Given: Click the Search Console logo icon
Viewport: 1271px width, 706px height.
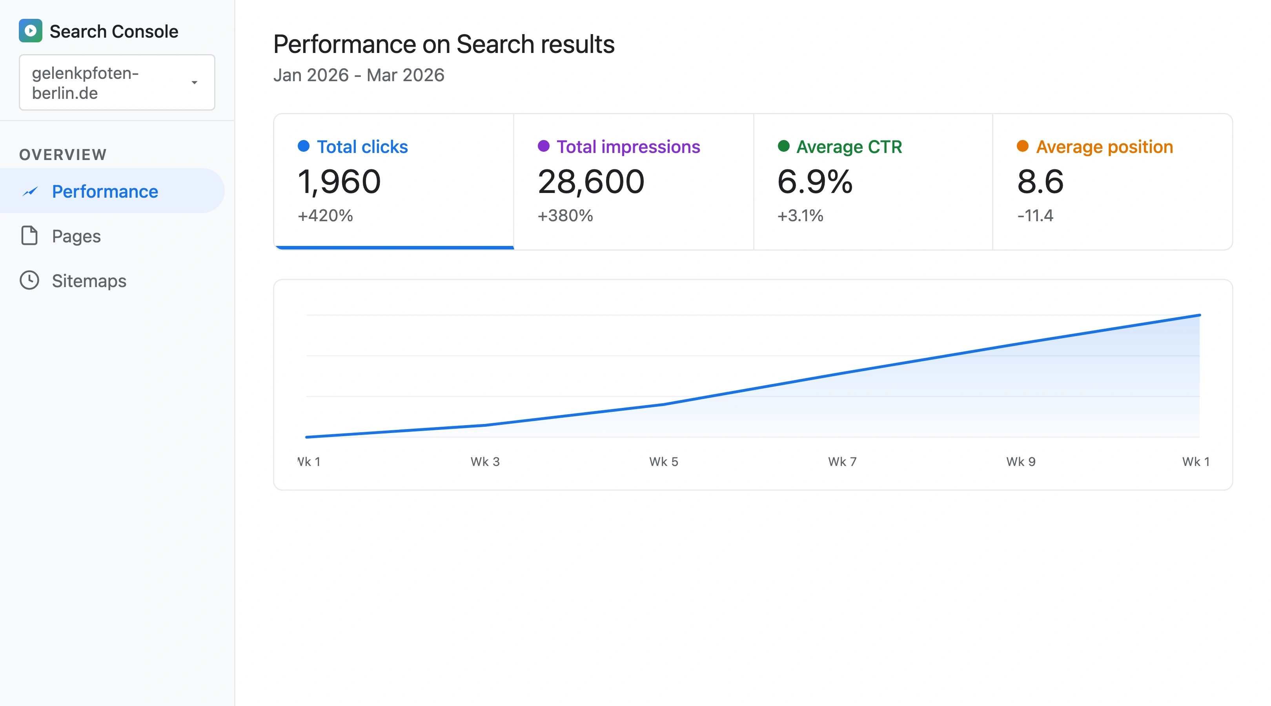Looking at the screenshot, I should point(30,31).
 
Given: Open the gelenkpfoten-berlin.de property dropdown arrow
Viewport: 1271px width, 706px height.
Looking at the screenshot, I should point(195,82).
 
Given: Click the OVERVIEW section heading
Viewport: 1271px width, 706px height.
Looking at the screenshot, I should point(63,155).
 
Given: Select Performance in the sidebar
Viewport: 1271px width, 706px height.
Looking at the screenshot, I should point(105,191).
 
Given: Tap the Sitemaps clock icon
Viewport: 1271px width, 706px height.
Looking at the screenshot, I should point(29,280).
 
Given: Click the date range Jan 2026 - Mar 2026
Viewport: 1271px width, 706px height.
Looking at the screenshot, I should point(359,75).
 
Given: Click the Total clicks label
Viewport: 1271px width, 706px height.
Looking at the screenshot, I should point(362,147).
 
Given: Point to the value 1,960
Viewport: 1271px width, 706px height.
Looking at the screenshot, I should point(339,181).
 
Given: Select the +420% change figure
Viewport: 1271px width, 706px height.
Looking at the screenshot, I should point(325,216).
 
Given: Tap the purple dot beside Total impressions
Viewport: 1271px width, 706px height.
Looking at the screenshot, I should point(543,146).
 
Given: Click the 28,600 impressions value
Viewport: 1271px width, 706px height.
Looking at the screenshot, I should point(591,181).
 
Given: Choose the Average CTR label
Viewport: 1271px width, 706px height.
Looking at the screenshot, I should point(849,147).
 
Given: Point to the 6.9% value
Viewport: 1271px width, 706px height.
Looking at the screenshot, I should point(815,181).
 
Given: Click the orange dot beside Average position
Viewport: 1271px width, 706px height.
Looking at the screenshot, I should point(1022,146).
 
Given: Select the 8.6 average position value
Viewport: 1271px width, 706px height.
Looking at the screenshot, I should point(1040,181).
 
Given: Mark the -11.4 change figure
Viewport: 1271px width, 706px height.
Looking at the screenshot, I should point(1035,216).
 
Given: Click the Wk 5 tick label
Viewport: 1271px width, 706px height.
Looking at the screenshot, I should point(664,461).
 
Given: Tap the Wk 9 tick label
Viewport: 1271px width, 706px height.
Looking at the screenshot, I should point(1020,461).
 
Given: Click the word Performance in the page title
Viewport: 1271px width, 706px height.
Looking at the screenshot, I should point(344,44).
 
